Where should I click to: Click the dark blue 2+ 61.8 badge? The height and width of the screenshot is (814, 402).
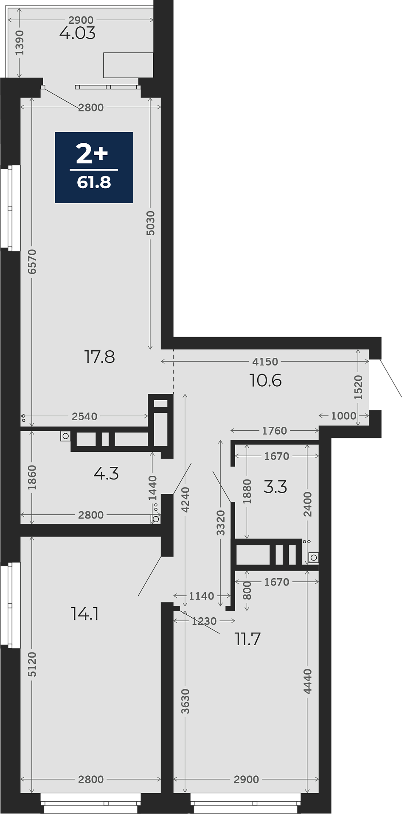pos(94,167)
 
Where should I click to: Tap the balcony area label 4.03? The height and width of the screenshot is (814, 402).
pos(78,33)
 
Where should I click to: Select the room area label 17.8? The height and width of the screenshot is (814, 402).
pos(100,357)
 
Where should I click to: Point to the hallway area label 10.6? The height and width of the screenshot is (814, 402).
pos(266,381)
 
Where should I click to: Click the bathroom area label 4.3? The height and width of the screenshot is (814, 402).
pos(106,474)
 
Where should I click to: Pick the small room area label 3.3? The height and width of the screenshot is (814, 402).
pos(275,487)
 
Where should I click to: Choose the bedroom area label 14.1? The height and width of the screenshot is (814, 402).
pos(85,613)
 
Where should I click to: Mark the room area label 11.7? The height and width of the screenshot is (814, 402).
pos(248,639)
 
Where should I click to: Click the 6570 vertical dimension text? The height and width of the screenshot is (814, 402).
pos(32,262)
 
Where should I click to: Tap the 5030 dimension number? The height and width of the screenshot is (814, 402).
pos(150,223)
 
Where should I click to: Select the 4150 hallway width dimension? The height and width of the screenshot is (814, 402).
pos(265,362)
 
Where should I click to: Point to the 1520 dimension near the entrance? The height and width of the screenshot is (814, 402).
pos(358,387)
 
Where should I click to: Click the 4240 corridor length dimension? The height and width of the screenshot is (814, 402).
pos(185,500)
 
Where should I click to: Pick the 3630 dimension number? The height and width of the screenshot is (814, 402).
pos(185,702)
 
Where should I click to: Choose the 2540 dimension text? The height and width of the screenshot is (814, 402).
pos(84,416)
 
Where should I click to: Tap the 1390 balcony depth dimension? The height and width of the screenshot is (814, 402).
pos(20,42)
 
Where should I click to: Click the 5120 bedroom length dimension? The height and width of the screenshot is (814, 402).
pos(32,664)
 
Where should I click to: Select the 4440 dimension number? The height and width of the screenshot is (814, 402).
pos(308,681)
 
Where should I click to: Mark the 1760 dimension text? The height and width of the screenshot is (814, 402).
pos(275,431)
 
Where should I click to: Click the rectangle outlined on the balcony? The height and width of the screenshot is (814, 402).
pos(128,65)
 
